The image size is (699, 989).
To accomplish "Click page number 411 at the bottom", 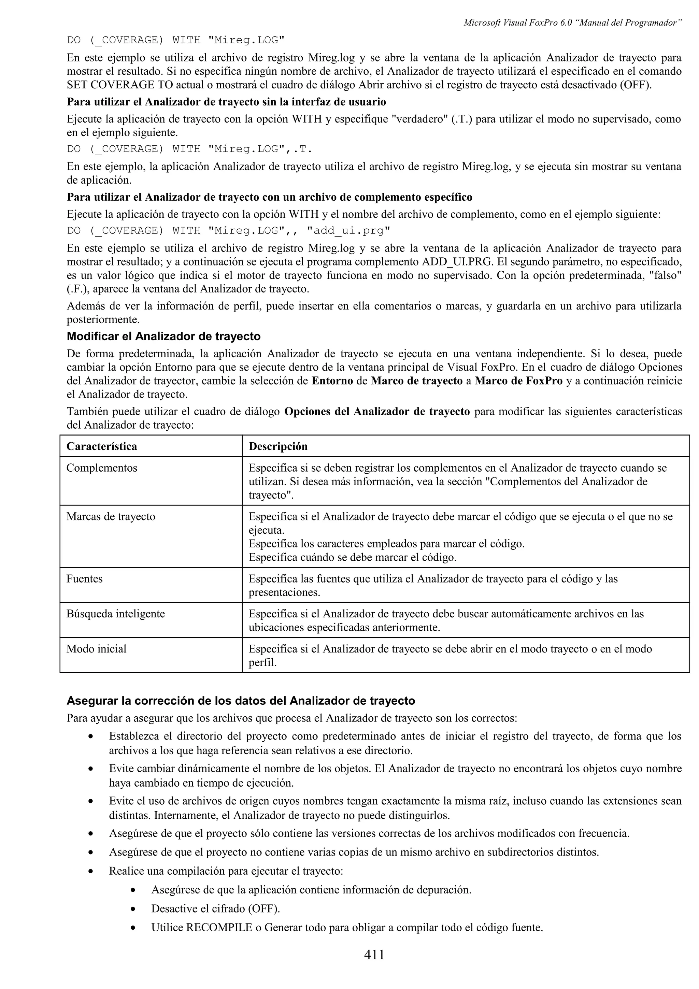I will (x=374, y=955).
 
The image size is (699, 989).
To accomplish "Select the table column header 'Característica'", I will (x=102, y=446).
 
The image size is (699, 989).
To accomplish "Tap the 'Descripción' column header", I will (x=278, y=446).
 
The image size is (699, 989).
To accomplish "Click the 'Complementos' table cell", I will (x=102, y=468).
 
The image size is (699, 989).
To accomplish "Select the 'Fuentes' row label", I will (x=84, y=579).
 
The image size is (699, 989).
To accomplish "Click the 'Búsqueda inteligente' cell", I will (x=115, y=614).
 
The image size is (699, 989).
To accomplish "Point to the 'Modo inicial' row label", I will (x=97, y=649).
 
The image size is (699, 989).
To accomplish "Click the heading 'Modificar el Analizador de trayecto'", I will (x=164, y=336).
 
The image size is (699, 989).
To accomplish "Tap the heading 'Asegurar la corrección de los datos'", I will (x=241, y=701).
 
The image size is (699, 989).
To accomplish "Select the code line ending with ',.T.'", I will (x=189, y=149).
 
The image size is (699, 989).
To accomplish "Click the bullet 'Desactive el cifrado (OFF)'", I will (x=215, y=908).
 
